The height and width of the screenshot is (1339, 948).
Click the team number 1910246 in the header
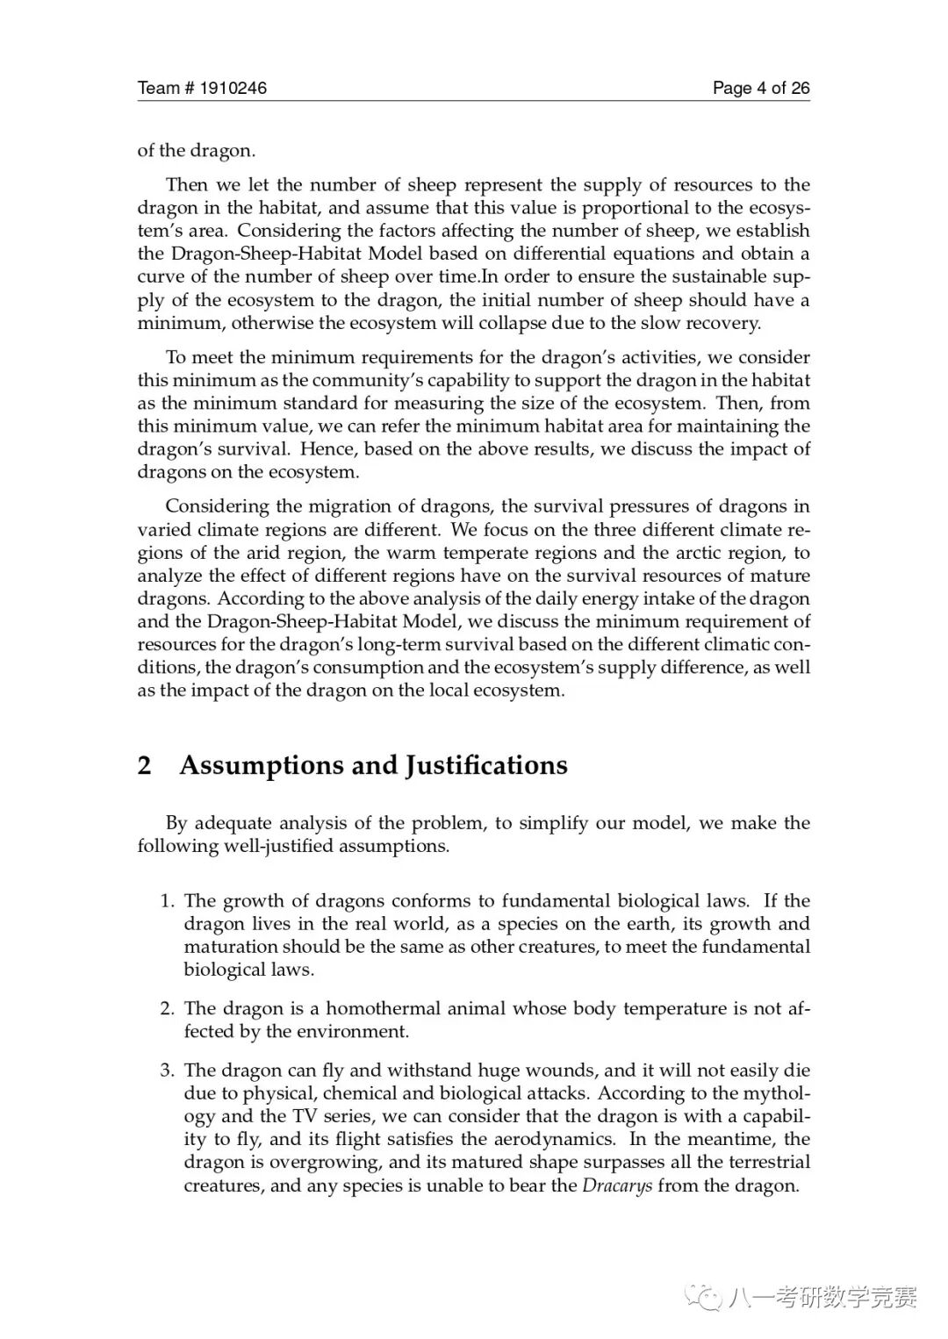click(x=233, y=88)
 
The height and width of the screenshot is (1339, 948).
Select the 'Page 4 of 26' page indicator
click(x=760, y=88)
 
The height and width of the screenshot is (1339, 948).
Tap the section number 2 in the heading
click(x=145, y=765)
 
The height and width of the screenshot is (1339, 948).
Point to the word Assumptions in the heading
click(x=261, y=765)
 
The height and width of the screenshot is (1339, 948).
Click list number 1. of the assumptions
click(x=168, y=901)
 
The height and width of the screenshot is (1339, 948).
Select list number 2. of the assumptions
click(x=168, y=1009)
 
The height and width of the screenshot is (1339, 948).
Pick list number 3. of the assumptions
click(x=168, y=1070)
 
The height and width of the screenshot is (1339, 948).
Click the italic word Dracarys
click(x=617, y=1185)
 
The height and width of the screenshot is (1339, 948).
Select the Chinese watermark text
click(x=822, y=1297)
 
